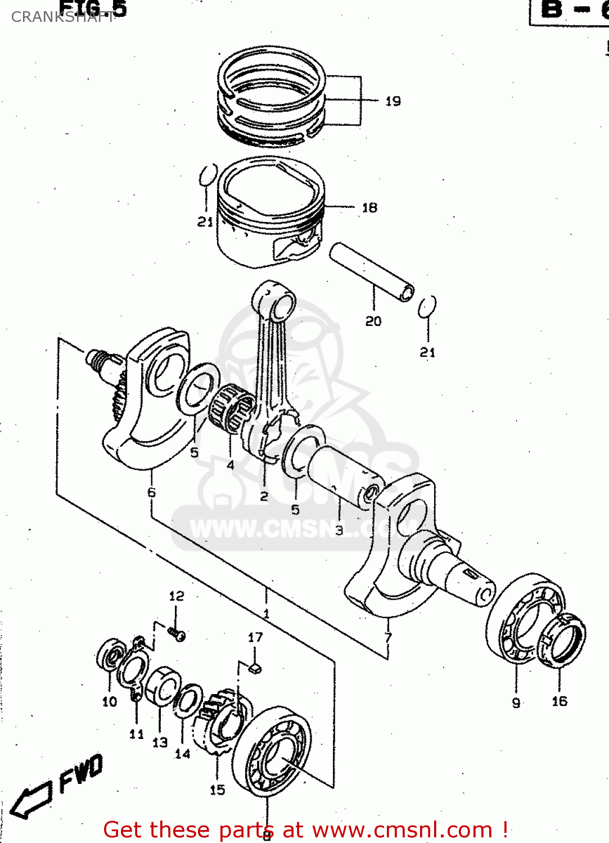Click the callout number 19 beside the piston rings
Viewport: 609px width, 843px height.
(x=393, y=101)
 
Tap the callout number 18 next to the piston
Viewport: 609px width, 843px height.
(x=369, y=208)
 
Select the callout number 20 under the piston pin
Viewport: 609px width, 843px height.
(x=373, y=321)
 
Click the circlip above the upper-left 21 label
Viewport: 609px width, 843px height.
(x=207, y=174)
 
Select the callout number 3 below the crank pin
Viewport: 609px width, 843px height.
(x=339, y=530)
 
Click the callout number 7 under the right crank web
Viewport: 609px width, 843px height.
(x=388, y=637)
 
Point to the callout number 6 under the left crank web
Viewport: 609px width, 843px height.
(x=151, y=492)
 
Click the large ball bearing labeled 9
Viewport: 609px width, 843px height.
(x=523, y=618)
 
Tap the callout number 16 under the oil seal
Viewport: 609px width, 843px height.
(x=560, y=701)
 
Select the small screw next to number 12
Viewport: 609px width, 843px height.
(x=177, y=634)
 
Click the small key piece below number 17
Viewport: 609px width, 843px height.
(x=255, y=668)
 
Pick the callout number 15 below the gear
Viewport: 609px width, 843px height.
(x=217, y=790)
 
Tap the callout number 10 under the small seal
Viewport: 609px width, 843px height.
(x=110, y=701)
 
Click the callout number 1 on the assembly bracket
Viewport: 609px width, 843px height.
(x=266, y=614)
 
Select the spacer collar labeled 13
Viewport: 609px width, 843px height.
(x=163, y=686)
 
